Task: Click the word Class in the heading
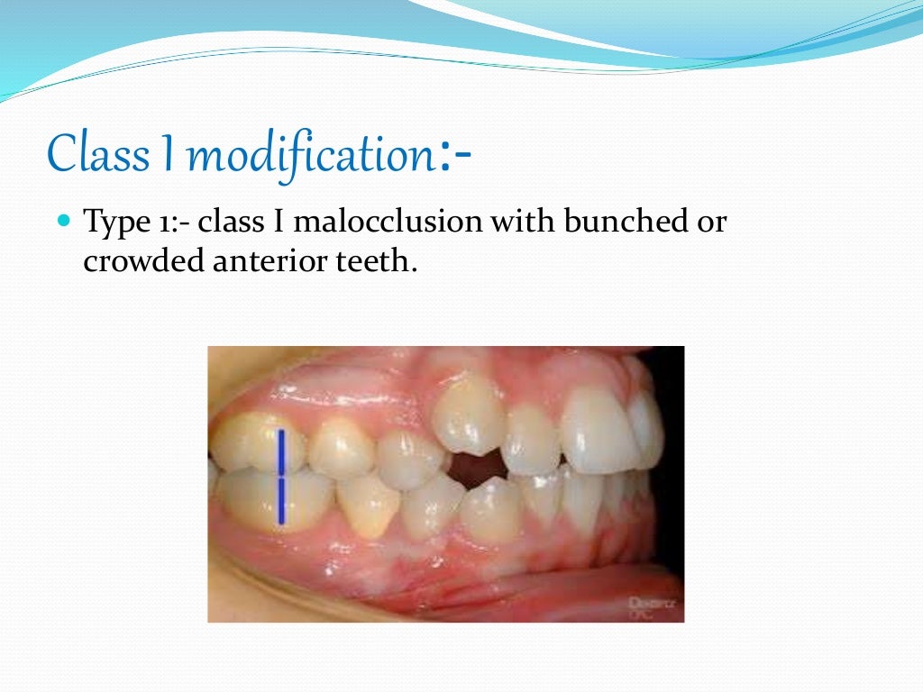(99, 154)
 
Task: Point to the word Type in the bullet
(116, 223)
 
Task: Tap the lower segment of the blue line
(281, 500)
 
